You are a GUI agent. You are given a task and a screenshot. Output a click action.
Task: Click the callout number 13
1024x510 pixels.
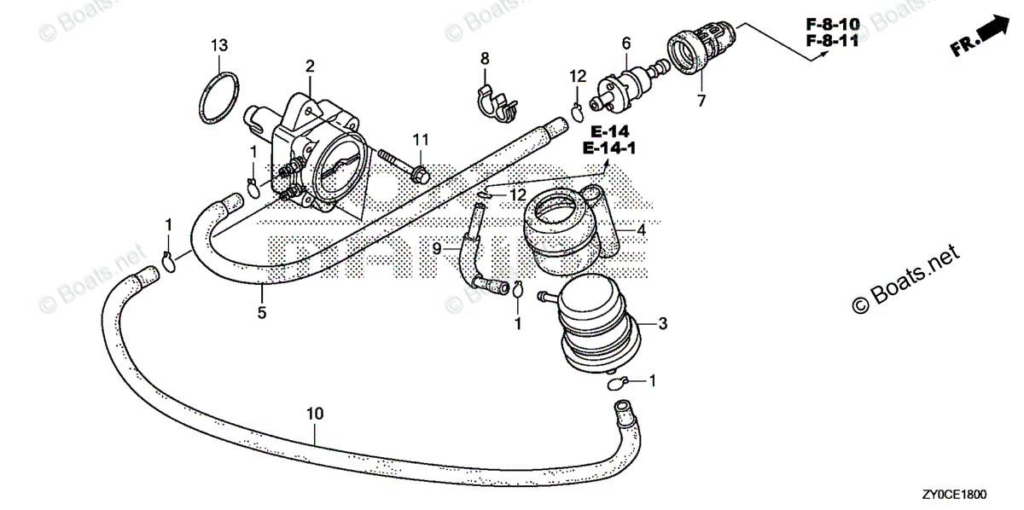pos(219,45)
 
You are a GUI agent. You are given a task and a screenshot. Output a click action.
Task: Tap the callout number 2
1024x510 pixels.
pos(310,66)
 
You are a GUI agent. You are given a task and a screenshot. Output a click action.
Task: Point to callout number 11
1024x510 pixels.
pos(421,139)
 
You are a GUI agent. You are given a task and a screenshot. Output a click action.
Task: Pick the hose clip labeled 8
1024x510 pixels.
pos(497,101)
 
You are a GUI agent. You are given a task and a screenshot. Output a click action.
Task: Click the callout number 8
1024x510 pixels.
pos(485,59)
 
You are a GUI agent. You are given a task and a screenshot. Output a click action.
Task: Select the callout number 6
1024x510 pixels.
pos(626,43)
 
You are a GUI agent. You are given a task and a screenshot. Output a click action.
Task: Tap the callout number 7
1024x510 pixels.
pos(701,101)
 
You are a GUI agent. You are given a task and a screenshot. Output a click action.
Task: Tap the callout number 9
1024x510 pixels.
pos(436,248)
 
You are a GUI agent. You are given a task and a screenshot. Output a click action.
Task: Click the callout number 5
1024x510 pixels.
pos(262,313)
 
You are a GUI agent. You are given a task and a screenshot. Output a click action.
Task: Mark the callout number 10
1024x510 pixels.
pos(315,414)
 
